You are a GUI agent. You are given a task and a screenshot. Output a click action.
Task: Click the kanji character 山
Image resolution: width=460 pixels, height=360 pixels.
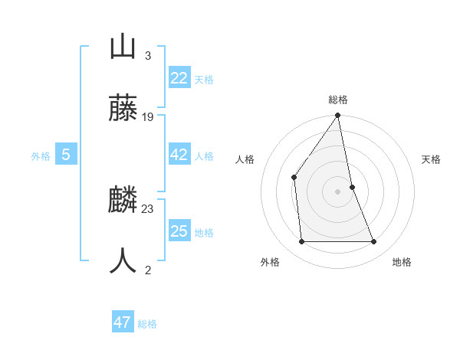[x=123, y=47]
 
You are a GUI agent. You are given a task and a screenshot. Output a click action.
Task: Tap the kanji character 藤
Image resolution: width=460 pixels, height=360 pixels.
[x=123, y=109]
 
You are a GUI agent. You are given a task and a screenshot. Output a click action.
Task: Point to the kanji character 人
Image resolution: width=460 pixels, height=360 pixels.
[x=123, y=261]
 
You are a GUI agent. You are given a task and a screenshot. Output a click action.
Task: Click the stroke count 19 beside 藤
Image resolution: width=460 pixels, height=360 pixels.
[x=148, y=117]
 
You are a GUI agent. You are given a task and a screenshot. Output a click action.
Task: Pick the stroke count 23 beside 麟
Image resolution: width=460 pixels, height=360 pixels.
[x=148, y=208]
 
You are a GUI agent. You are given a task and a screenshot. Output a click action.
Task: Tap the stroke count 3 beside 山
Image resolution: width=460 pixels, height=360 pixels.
[x=148, y=55]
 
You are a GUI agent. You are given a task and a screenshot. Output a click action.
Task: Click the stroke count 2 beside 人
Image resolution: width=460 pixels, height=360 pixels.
[x=148, y=270]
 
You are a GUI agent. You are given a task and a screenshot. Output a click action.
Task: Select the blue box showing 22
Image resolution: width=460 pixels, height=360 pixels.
[x=179, y=78]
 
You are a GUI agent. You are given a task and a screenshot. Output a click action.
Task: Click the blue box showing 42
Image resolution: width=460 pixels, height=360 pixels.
[x=179, y=155]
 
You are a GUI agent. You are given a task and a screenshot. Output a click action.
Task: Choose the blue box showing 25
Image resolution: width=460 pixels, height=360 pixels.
[x=179, y=231]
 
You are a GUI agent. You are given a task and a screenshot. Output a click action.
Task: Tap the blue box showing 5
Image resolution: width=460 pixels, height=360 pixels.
[x=66, y=155]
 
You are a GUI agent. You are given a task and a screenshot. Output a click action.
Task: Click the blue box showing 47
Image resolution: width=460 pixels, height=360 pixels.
[x=123, y=322]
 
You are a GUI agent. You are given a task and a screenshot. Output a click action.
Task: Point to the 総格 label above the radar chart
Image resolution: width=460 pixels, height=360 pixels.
[x=338, y=100]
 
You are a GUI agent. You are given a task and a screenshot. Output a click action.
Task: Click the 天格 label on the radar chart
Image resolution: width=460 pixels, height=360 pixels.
[x=432, y=159]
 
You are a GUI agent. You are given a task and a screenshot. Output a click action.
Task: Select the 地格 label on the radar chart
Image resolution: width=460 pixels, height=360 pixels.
[x=402, y=262]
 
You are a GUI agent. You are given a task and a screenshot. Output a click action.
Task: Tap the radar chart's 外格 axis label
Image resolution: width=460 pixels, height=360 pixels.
[x=270, y=262]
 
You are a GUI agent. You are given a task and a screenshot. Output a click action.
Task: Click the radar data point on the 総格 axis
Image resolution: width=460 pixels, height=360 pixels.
[x=338, y=116]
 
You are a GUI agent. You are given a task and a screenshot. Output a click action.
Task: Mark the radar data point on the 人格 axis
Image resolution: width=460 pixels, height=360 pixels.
[x=294, y=178]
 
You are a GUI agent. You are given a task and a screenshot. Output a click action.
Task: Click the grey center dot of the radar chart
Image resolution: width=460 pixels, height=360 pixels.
[x=338, y=191]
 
